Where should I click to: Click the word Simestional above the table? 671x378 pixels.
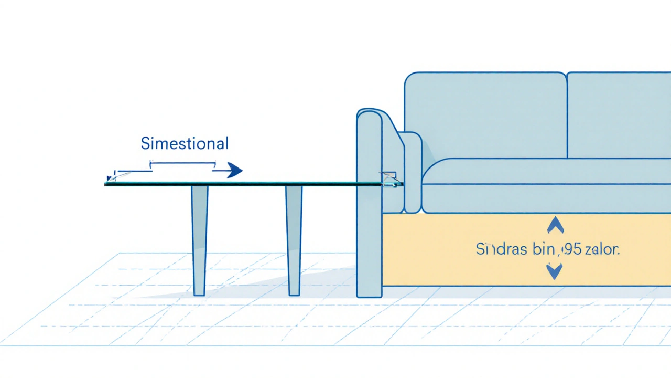point(185,143)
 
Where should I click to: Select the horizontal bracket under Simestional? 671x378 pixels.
point(183,164)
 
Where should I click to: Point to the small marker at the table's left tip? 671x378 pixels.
point(109,180)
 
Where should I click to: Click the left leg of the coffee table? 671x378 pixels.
point(199,239)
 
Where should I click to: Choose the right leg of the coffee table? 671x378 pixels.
point(294,239)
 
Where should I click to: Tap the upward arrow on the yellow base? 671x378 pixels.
point(555,225)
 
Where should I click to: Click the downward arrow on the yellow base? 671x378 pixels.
point(554,271)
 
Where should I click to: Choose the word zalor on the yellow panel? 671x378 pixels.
point(602,249)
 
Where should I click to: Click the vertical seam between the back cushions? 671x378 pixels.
point(567,115)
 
